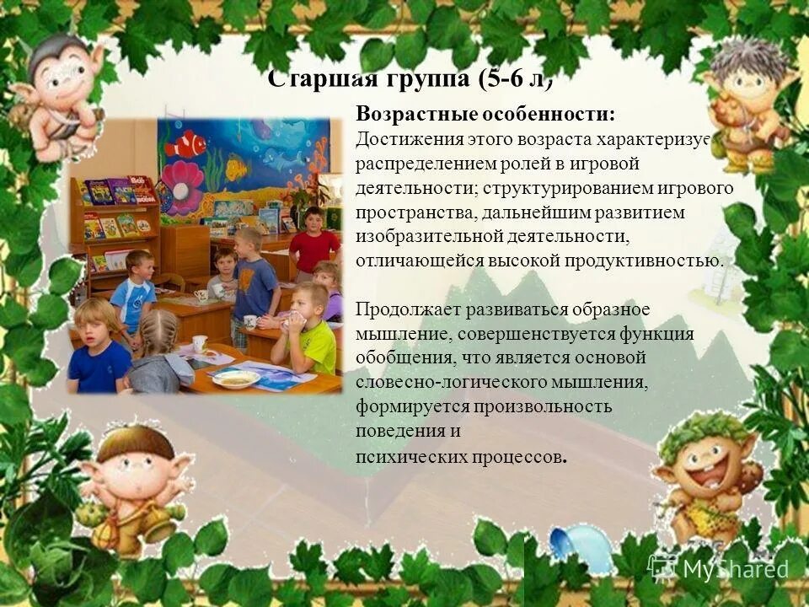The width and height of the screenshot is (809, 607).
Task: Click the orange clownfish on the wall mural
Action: (x=185, y=145)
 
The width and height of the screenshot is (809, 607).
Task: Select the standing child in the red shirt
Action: (x=313, y=244)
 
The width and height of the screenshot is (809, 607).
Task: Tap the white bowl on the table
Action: (x=235, y=379)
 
